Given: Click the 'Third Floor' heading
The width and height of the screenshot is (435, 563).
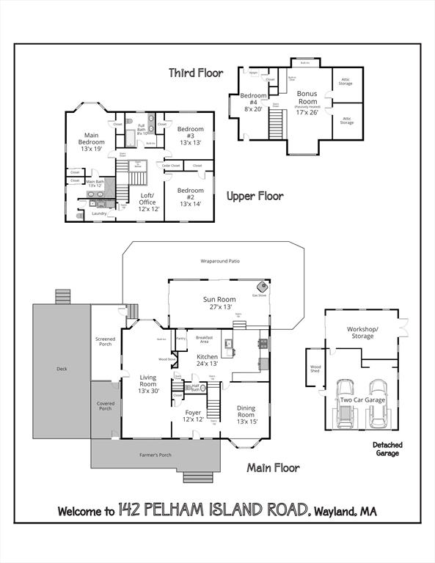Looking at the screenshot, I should [196, 73].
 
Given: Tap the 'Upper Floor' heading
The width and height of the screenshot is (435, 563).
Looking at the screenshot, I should [255, 196].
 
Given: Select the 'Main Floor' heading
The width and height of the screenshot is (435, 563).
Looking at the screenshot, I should [273, 468].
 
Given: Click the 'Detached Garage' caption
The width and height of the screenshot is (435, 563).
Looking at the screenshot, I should [387, 449].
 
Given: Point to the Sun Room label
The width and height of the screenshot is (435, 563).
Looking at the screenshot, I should [219, 303].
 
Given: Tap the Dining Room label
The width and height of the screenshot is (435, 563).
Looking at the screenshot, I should [247, 416].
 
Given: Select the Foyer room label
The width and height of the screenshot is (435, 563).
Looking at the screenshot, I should [194, 416].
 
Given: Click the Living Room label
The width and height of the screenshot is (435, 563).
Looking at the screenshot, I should [148, 384].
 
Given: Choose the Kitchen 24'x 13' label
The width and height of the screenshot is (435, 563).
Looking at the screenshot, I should [208, 360].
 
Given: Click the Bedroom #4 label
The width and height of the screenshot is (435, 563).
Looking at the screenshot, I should [253, 102].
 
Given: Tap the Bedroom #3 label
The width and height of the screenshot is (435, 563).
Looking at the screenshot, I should [189, 136].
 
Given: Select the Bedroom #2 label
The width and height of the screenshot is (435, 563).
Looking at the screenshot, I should [189, 196].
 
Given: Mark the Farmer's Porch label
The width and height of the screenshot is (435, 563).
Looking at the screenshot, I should [155, 455].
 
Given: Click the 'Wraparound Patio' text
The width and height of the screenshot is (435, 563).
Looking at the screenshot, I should [220, 260].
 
